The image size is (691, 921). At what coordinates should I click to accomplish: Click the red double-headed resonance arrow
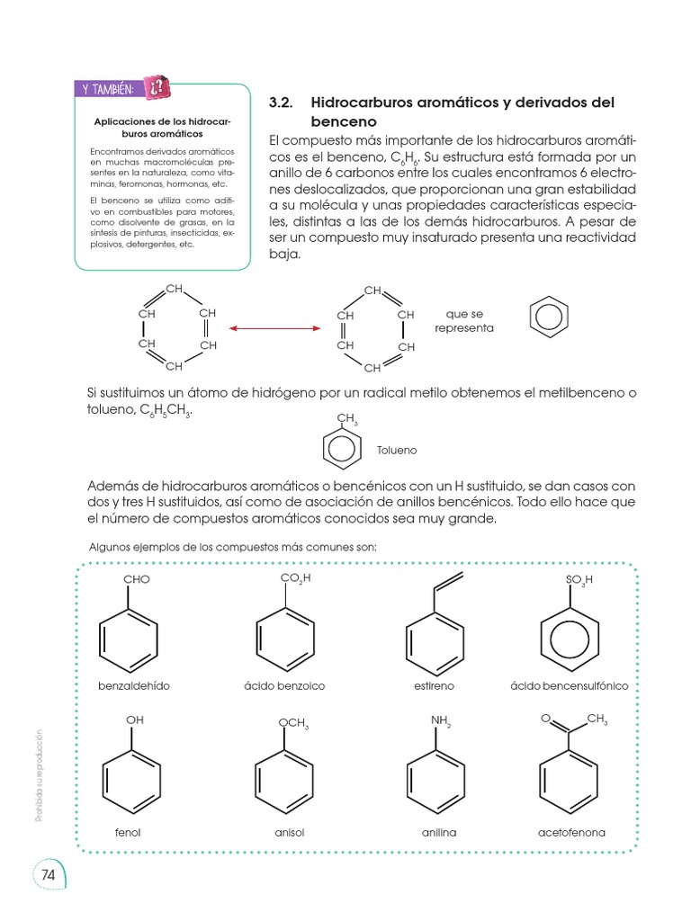pyautogui.click(x=274, y=329)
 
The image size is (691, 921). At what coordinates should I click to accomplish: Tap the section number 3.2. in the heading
pyautogui.click(x=284, y=103)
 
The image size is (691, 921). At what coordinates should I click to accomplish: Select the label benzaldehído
pyautogui.click(x=134, y=685)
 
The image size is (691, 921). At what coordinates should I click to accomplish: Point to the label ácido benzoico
pyautogui.click(x=284, y=685)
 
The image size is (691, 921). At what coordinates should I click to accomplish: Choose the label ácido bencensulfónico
pyautogui.click(x=569, y=685)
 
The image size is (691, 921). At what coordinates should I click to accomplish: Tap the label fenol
pyautogui.click(x=129, y=832)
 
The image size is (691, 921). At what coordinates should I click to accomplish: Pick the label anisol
pyautogui.click(x=290, y=832)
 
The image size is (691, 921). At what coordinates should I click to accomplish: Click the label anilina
pyautogui.click(x=439, y=832)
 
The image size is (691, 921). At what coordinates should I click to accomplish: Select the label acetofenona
pyautogui.click(x=571, y=832)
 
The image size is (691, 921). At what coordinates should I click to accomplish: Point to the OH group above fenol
pyautogui.click(x=135, y=720)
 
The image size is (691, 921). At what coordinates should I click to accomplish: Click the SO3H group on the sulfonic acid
pyautogui.click(x=580, y=580)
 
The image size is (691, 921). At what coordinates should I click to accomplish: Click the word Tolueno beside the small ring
pyautogui.click(x=397, y=450)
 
